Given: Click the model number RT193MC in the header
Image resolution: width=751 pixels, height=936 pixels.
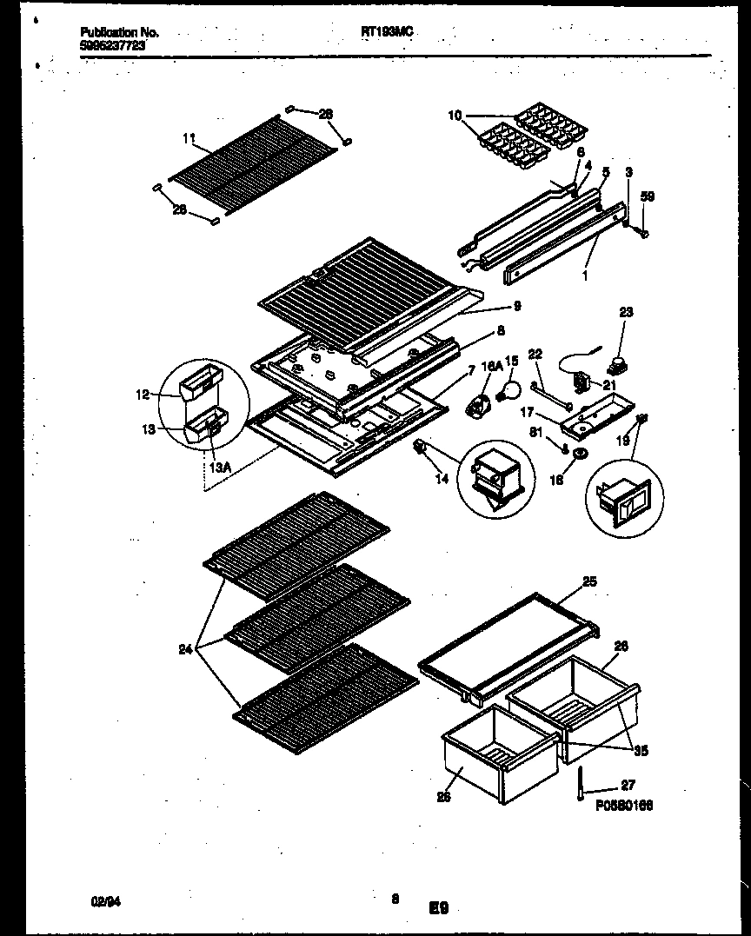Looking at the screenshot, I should tap(386, 31).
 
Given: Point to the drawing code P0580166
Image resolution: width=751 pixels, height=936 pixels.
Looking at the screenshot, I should tap(624, 806).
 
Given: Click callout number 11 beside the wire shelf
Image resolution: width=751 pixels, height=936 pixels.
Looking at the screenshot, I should tap(189, 137).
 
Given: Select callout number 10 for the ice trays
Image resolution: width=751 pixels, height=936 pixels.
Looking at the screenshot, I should tap(455, 115).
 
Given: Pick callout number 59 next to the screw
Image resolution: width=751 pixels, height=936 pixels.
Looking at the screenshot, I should tap(647, 198).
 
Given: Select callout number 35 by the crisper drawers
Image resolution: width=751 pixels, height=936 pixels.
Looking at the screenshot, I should tap(641, 750).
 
